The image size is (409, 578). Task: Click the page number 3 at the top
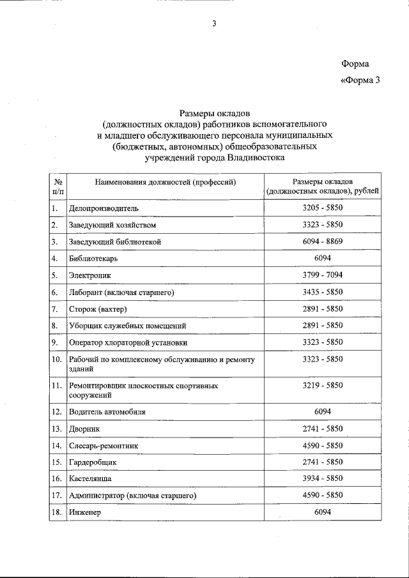pos(214,24)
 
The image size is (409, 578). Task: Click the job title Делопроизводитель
pos(104,208)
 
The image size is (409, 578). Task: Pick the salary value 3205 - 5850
pos(322,208)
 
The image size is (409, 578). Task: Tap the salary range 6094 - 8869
pos(322,242)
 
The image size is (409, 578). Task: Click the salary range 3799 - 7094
pos(322,275)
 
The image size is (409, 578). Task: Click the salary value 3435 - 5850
pos(322,292)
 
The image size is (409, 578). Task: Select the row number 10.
pos(56,360)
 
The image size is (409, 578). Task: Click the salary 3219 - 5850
pos(322,386)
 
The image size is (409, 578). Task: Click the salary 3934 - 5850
pos(322,478)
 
